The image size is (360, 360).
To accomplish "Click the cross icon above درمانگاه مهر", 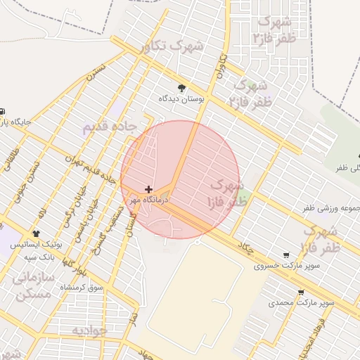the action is point(148,189).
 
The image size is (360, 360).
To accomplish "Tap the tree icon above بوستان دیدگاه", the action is point(182,88).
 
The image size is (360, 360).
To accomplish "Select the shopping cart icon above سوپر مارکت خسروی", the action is point(285,255).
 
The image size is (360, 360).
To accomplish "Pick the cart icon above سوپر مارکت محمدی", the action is point(301,292).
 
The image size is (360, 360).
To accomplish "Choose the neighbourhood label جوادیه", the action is point(89,329).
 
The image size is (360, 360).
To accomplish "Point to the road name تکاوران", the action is point(219,67).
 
